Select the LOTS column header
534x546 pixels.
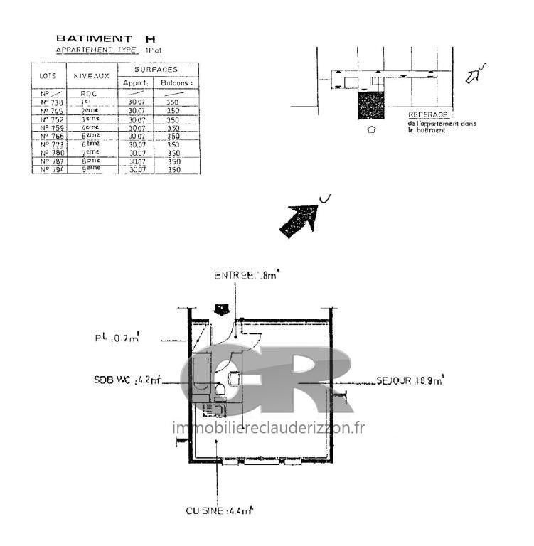pyautogui.click(x=48, y=74)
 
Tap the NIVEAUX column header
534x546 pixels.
pyautogui.click(x=92, y=74)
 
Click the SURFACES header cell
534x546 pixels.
pyautogui.click(x=157, y=70)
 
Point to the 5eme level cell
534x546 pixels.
pyautogui.click(x=90, y=136)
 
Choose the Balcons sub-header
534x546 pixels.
pyautogui.click(x=175, y=83)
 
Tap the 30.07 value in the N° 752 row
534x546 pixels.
pyautogui.click(x=137, y=119)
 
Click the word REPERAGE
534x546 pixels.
pyautogui.click(x=427, y=114)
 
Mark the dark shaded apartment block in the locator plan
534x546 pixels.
pyautogui.click(x=370, y=106)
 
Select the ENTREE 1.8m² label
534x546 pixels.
pyautogui.click(x=247, y=274)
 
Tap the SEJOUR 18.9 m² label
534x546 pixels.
pyautogui.click(x=409, y=381)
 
